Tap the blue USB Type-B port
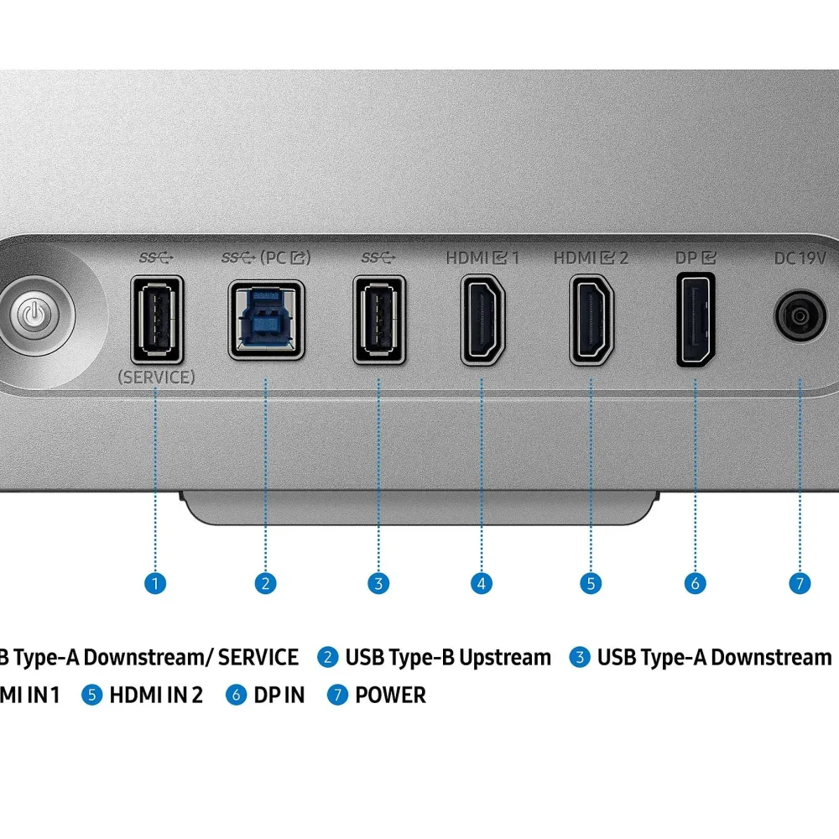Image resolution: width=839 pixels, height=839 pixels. click(x=267, y=320)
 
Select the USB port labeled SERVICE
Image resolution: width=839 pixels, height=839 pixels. click(x=157, y=320)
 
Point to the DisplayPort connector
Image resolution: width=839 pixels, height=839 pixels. click(x=696, y=320)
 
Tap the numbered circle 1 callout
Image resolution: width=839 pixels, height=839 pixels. click(x=155, y=582)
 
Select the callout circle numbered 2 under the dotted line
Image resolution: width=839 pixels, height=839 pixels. click(x=265, y=582)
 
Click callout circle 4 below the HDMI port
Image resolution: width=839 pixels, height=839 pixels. click(x=482, y=582)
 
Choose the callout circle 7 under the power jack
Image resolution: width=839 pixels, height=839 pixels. click(x=800, y=582)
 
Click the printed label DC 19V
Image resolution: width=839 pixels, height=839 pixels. click(x=800, y=258)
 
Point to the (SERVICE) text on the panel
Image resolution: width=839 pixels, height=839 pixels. click(x=157, y=377)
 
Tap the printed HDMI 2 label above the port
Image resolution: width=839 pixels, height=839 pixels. click(x=591, y=258)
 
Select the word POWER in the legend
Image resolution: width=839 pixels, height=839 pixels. click(x=390, y=695)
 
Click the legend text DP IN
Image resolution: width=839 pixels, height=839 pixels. click(x=279, y=695)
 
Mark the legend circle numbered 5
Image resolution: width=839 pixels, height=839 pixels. click(x=92, y=695)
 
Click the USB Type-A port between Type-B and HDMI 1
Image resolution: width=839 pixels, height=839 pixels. click(x=379, y=320)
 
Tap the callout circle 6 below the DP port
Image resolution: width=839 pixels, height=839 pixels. click(x=695, y=582)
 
